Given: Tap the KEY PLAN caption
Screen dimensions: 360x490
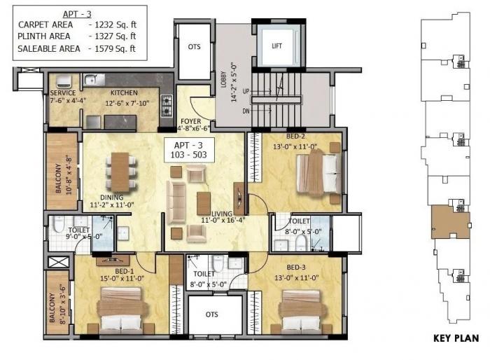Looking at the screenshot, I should [x=455, y=340].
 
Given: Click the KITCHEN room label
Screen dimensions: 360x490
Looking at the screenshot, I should [x=124, y=92].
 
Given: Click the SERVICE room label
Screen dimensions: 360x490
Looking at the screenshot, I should [x=63, y=92].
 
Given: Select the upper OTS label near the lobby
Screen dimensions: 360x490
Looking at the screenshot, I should [x=194, y=46].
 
